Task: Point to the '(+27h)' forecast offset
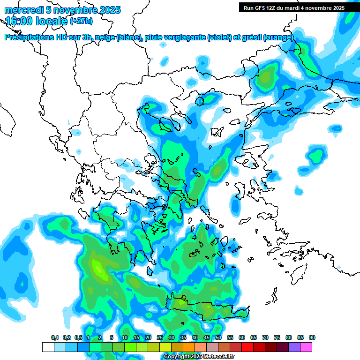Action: (x=81, y=21)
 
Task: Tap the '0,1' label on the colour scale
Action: (x=55, y=337)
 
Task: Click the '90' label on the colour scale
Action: (x=312, y=337)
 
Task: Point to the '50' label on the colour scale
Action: (x=218, y=337)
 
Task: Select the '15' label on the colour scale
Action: (x=136, y=337)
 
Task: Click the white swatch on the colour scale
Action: (x=48, y=347)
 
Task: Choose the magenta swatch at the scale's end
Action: (x=306, y=347)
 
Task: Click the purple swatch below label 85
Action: (x=294, y=347)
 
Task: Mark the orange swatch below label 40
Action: (x=189, y=347)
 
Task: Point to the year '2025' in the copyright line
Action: (x=194, y=357)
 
